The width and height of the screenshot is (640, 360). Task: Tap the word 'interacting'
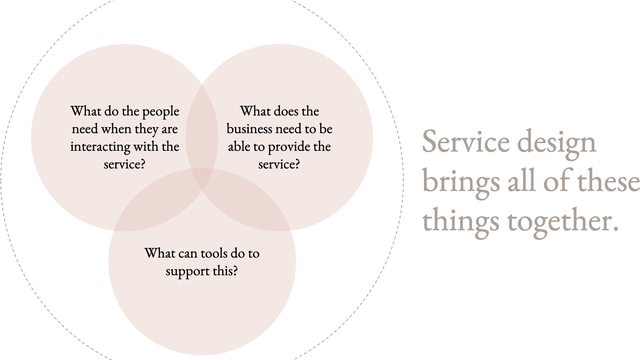click(x=101, y=147)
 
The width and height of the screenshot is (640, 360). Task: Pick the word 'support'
click(x=185, y=270)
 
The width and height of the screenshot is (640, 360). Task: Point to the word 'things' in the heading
click(x=459, y=220)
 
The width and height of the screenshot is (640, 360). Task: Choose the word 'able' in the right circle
click(x=239, y=147)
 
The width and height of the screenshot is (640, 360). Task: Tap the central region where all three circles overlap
click(x=201, y=179)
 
